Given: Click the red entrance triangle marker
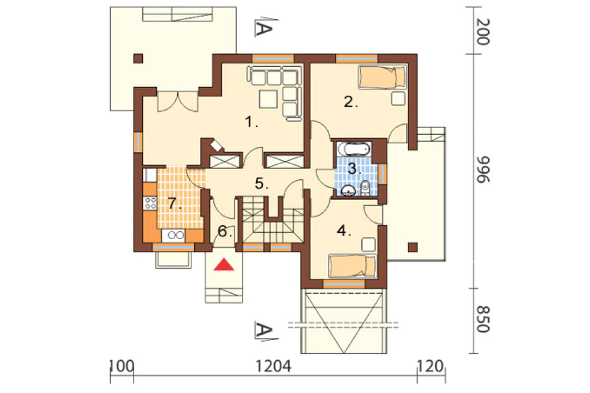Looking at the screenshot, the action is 224,264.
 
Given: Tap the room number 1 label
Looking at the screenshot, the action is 251,122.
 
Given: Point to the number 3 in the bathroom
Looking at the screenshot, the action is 354,168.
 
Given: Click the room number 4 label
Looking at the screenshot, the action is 344,230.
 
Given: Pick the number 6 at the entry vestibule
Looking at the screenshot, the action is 224,231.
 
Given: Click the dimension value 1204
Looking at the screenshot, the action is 274,366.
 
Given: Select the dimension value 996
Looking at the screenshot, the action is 483,169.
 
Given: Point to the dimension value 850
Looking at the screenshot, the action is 483,319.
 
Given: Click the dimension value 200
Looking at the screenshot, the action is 483,32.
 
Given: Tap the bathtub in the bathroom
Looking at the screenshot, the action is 353,149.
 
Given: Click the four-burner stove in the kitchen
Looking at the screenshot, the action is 150,203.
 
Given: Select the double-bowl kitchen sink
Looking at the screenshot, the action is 173,236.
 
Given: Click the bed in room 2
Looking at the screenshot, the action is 383,77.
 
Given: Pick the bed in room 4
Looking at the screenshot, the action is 353,267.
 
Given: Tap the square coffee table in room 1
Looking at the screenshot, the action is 269,99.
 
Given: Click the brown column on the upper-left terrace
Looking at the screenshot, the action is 138,58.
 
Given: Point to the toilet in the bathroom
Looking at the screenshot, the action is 365,188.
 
